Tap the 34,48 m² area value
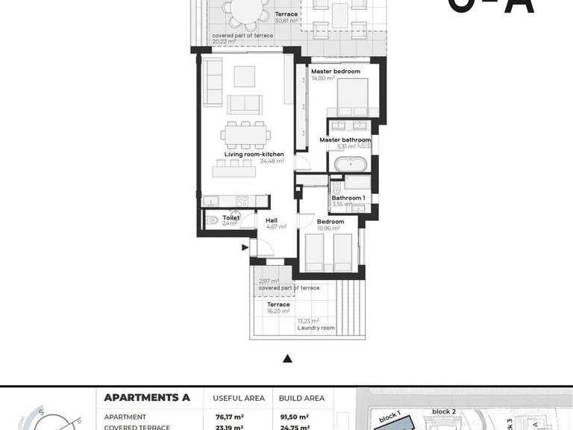tap(272, 161)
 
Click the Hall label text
tap(271, 220)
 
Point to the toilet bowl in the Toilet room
tap(212, 220)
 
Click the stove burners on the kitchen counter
tap(242, 201)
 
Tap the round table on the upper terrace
tap(247, 10)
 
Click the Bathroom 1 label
tap(348, 198)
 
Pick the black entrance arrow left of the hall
tap(245, 248)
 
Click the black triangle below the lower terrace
tap(287, 359)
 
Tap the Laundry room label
tap(316, 328)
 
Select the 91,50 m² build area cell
tap(293, 417)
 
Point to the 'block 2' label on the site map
tap(443, 411)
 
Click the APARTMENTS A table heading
tap(148, 398)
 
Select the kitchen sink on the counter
tap(213, 201)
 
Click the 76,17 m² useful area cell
tap(228, 417)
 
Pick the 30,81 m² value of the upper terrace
tap(286, 21)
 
